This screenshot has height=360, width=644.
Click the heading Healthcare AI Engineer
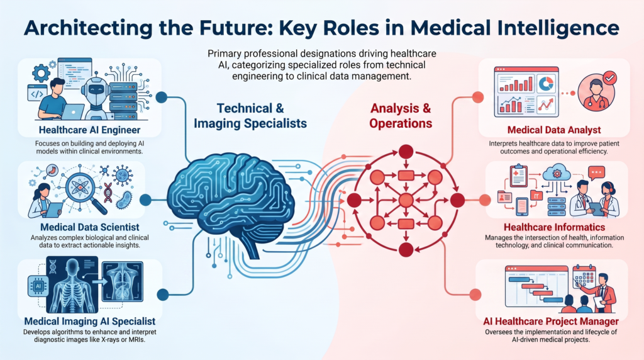click(89, 130)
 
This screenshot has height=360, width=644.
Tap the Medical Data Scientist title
click(89, 227)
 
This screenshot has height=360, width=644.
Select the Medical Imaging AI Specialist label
click(89, 321)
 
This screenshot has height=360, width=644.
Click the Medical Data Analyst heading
click(554, 130)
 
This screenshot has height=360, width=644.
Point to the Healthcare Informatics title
click(554, 227)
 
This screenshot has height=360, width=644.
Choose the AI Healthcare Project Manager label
click(551, 321)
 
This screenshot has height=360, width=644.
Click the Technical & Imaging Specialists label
click(250, 116)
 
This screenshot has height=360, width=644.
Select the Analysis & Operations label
click(401, 116)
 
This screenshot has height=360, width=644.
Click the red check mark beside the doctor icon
click(609, 77)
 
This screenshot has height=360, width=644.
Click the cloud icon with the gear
click(557, 172)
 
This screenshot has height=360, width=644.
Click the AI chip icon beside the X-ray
click(38, 286)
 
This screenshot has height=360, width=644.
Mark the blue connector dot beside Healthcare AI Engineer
click(162, 98)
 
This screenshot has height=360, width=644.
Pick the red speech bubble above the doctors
click(596, 172)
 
